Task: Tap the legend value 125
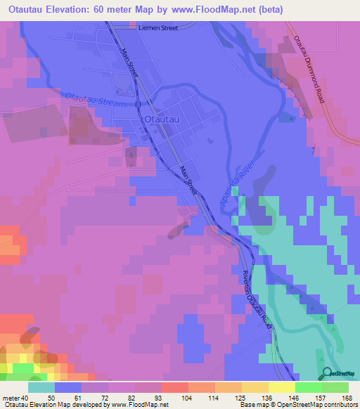[230, 397]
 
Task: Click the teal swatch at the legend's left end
[42, 387]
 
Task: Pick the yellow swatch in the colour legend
[281, 387]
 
